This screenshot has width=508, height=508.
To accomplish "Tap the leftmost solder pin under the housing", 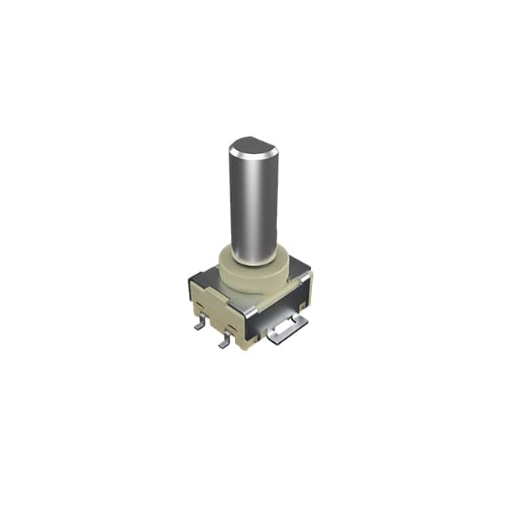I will coord(200,324).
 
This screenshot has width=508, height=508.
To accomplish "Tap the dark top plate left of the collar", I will coord(208,274).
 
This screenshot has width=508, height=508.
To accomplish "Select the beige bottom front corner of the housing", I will coord(248,343).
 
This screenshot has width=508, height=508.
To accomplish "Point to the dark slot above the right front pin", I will coord(233,327).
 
